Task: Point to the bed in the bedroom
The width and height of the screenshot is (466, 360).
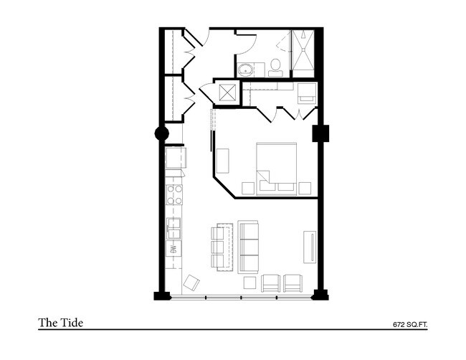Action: pyautogui.click(x=276, y=165)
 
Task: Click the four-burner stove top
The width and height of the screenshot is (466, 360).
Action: pyautogui.click(x=174, y=194)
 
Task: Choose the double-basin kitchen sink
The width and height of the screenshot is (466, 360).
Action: pyautogui.click(x=174, y=227)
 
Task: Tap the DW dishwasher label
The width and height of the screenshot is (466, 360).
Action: pyautogui.click(x=174, y=250)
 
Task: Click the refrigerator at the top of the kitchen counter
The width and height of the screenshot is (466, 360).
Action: pyautogui.click(x=175, y=158)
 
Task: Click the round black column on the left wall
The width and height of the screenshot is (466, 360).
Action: pyautogui.click(x=162, y=133)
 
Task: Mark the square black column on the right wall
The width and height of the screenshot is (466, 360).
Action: pyautogui.click(x=320, y=133)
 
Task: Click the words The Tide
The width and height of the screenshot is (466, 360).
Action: pyautogui.click(x=61, y=323)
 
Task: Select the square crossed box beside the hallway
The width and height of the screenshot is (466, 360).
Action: pyautogui.click(x=229, y=93)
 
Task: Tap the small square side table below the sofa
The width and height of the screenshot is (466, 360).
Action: pyautogui.click(x=250, y=282)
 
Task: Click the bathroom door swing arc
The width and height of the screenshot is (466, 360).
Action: pyautogui.click(x=244, y=42)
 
